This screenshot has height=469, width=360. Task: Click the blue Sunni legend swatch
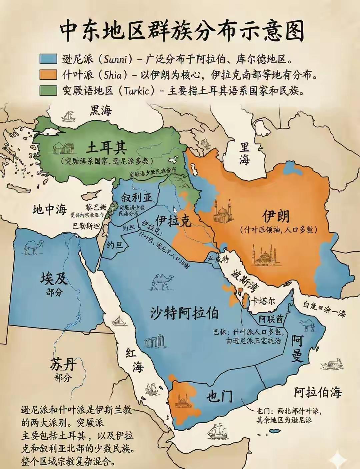48,59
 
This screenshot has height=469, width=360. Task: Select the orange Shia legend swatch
48,74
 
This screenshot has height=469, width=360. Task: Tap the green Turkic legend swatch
48,90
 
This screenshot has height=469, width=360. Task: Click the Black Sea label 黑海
100,110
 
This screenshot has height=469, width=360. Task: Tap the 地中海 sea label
50,209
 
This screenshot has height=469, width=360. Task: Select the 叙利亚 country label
137,197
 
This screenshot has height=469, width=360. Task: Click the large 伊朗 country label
276,216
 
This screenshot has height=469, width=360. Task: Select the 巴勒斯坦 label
86,226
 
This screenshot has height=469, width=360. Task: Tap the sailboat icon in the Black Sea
68,116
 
